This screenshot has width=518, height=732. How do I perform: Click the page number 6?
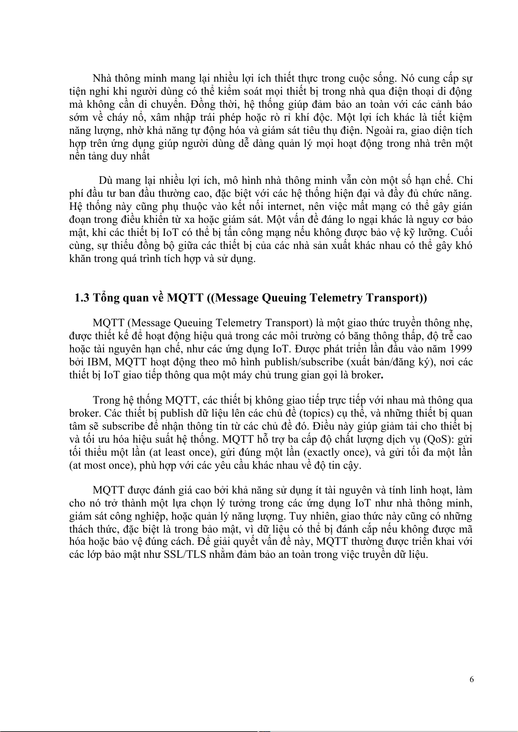click(x=471, y=680)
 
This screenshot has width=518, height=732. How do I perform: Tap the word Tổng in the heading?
click(x=106, y=298)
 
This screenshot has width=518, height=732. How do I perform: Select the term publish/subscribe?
click(x=300, y=362)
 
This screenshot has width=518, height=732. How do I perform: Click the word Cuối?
click(x=462, y=232)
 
